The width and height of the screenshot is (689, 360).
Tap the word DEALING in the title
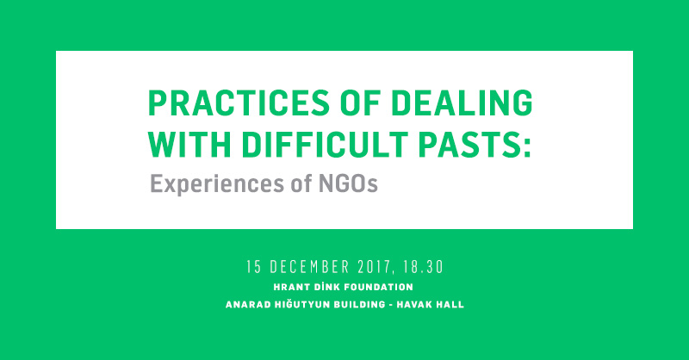point(462,102)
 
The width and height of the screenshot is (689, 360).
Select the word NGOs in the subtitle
point(348,183)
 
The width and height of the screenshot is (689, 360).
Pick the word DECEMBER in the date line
point(309,267)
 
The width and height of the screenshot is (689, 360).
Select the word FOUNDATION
point(378,288)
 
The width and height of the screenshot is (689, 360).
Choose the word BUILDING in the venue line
point(359,305)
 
